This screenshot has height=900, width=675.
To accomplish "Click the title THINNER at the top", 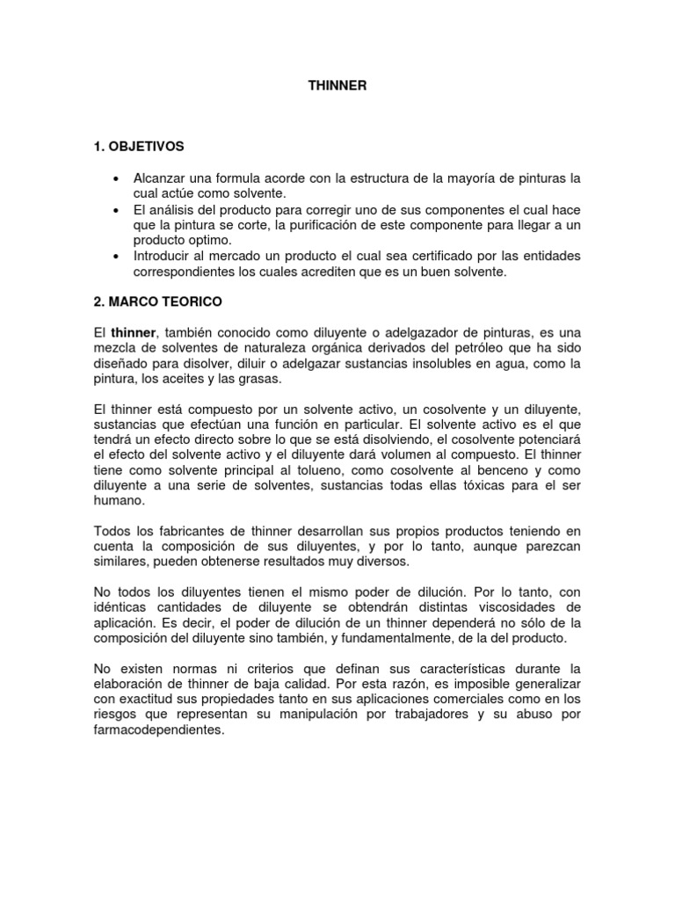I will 337,86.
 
